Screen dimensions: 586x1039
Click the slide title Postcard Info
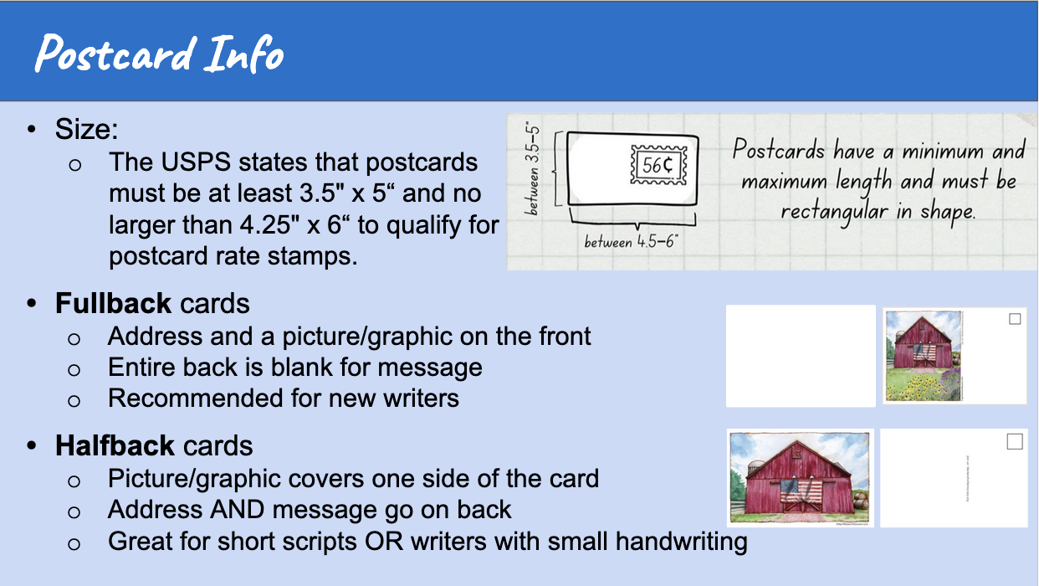point(159,54)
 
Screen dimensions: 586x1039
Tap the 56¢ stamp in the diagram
point(658,165)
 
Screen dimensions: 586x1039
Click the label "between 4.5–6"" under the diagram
point(632,242)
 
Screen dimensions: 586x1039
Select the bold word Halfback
point(115,445)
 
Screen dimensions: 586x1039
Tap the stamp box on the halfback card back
point(1014,442)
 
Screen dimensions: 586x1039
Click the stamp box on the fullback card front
point(1015,319)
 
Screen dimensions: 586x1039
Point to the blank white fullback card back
point(801,356)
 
